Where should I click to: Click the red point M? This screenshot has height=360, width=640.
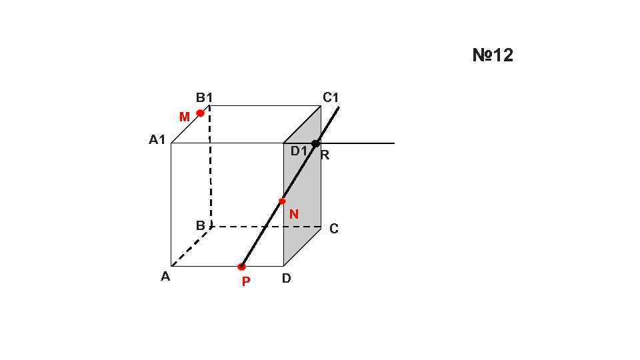tap(200, 113)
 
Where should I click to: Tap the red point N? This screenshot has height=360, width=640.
tap(282, 201)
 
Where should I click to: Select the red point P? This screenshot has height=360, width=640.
tap(241, 267)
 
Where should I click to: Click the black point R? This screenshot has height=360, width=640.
tap(315, 143)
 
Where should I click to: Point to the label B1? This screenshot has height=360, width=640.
tap(204, 98)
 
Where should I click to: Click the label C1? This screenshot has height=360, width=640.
tap(331, 98)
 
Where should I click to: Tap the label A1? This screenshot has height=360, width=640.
tap(157, 140)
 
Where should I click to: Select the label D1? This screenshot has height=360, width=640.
tap(299, 151)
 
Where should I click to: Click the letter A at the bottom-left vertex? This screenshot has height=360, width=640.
tap(165, 277)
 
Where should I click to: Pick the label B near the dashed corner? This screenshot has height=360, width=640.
tap(200, 226)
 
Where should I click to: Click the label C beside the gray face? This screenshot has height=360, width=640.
tap(334, 229)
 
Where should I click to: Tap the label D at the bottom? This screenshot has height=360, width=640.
tap(286, 279)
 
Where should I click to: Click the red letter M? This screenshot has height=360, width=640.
tap(185, 117)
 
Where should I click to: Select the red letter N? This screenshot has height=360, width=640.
tap(294, 215)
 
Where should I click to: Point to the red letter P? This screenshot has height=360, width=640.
tap(246, 282)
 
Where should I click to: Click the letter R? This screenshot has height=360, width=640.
tap(325, 156)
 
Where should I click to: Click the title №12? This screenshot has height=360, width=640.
tap(493, 55)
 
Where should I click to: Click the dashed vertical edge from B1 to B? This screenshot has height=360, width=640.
tap(210, 167)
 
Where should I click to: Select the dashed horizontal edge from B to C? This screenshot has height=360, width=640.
tap(267, 227)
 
